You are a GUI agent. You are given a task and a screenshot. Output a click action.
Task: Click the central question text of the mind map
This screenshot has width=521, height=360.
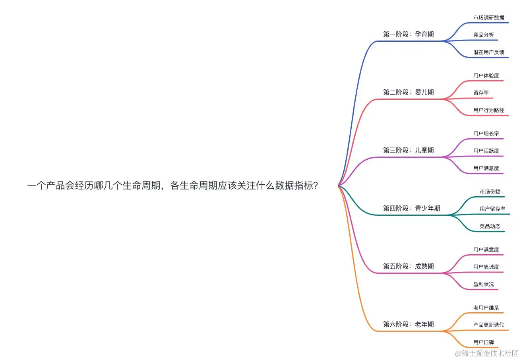(172, 186)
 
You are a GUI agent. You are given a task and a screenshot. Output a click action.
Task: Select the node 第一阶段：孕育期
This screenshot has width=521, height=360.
(408, 35)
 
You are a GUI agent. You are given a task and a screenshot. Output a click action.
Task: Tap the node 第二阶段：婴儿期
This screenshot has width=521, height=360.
(408, 93)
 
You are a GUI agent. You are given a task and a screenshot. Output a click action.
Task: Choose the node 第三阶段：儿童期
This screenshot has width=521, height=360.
(408, 151)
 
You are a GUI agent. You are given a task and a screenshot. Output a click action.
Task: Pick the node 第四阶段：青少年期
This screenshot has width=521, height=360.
(411, 209)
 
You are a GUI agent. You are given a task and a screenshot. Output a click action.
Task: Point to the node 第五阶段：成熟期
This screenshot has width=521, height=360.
(408, 267)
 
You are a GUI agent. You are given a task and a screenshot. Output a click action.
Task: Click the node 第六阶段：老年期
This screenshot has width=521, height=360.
(408, 325)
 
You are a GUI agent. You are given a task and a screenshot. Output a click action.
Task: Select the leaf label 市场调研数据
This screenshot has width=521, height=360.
(488, 18)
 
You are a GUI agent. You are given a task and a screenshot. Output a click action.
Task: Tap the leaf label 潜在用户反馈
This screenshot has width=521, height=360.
(488, 52)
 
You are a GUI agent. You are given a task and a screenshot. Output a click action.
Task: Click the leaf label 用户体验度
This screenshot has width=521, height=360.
(486, 75)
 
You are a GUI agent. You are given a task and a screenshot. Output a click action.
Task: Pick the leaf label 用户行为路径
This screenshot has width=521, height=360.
(488, 110)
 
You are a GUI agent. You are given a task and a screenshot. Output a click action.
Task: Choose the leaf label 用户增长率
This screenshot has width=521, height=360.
(486, 134)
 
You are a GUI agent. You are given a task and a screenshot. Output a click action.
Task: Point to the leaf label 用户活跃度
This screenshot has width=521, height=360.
(486, 151)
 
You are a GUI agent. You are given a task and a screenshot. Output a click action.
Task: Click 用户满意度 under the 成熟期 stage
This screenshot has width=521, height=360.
(486, 250)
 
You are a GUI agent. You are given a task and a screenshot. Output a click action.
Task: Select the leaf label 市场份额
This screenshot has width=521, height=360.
(490, 192)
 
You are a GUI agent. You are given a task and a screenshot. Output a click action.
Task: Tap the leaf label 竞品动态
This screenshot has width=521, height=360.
(490, 226)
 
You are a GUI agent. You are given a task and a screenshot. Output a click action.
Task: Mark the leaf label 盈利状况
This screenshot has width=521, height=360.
(483, 285)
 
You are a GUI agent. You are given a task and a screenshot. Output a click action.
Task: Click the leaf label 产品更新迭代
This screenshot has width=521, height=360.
(488, 325)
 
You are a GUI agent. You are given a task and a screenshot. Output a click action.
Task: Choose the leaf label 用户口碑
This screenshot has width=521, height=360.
(483, 343)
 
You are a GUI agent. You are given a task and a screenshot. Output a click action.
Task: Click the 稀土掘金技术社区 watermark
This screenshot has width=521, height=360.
(487, 353)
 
